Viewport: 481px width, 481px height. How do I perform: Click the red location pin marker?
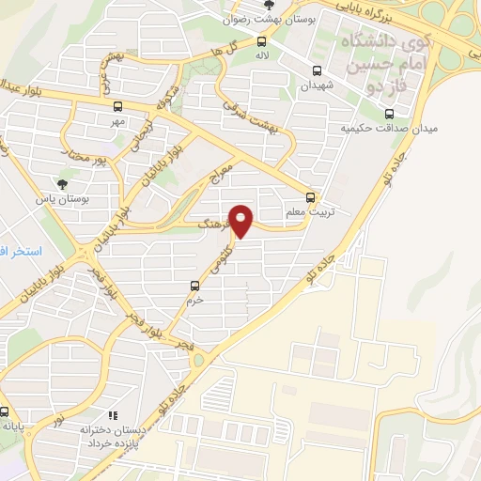242,221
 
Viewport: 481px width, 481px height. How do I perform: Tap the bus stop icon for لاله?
262,41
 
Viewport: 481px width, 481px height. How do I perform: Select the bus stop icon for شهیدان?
317,70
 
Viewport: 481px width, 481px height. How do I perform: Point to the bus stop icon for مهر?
117,106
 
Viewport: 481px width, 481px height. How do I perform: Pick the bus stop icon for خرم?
194,285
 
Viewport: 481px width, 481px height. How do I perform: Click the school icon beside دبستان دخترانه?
113,414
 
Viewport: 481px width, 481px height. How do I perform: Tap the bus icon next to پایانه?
6,411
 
